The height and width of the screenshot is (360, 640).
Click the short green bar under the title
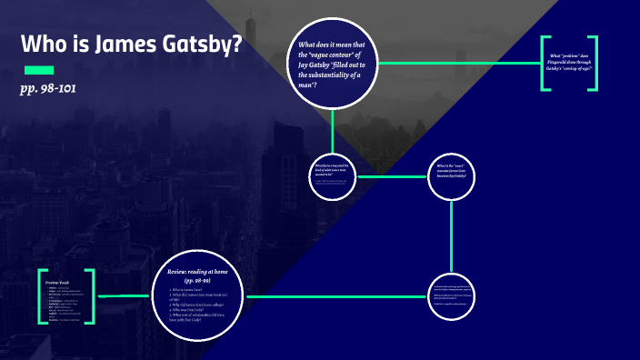pyautogui.click(x=39, y=70)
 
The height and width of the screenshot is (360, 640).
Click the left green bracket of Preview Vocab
pyautogui.click(x=42, y=296)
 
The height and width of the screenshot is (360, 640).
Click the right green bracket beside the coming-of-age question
pyautogui.click(x=594, y=63)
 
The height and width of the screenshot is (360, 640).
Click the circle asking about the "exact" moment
pyautogui.click(x=451, y=175)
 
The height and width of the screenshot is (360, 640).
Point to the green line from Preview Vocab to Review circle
pyautogui.click(x=123, y=295)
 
